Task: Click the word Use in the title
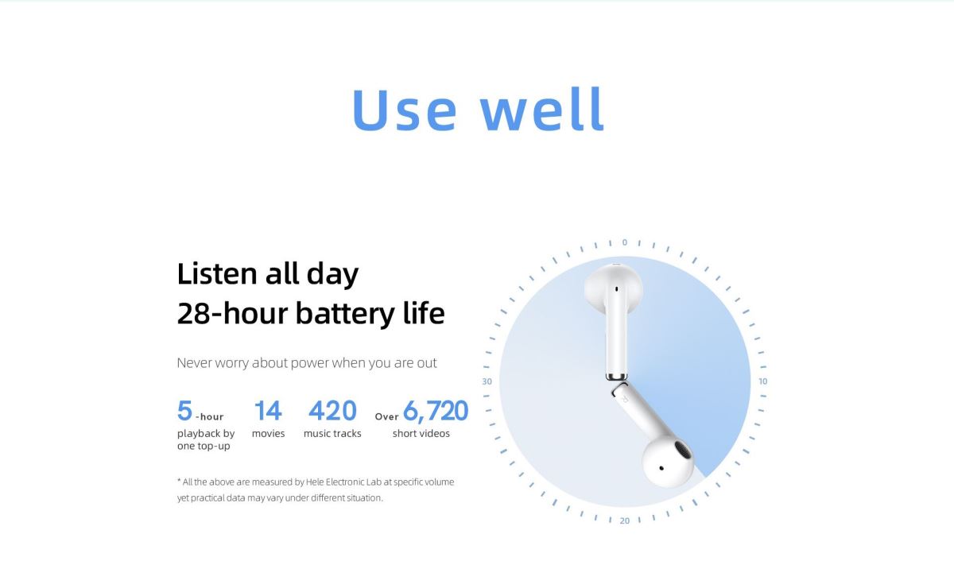(404, 109)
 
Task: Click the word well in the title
(541, 109)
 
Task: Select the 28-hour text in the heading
(232, 313)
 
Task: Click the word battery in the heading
(345, 314)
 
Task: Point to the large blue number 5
(184, 410)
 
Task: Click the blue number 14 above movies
(268, 411)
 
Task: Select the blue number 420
(332, 411)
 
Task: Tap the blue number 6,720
(436, 411)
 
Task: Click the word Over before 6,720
(386, 416)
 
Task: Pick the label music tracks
(332, 433)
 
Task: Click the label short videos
(421, 433)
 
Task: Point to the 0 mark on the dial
(624, 242)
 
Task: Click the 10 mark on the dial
(762, 381)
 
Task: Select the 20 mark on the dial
(625, 520)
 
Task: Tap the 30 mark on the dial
(487, 381)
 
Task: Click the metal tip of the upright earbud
(616, 377)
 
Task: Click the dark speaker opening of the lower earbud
(682, 450)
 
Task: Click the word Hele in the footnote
(315, 482)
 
